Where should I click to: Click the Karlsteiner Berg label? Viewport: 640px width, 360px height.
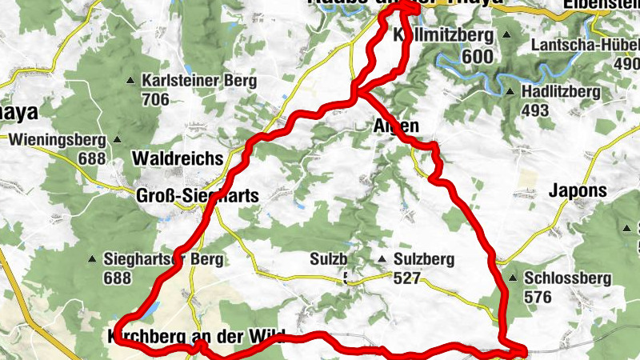pyautogui.click(x=198, y=81)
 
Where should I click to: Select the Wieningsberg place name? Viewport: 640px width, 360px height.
pyautogui.click(x=57, y=140)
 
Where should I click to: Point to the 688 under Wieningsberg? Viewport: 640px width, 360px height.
pyautogui.click(x=91, y=158)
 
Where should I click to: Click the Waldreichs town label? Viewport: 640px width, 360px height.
pyautogui.click(x=174, y=156)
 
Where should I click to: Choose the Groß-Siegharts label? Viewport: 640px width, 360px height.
pyautogui.click(x=197, y=196)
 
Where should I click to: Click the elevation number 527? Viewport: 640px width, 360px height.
pyautogui.click(x=407, y=278)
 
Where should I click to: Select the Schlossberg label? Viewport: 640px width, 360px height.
pyautogui.click(x=568, y=279)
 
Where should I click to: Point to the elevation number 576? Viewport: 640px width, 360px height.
pyautogui.click(x=537, y=298)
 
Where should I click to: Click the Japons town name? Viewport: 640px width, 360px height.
pyautogui.click(x=578, y=190)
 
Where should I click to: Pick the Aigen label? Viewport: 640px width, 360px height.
pyautogui.click(x=396, y=126)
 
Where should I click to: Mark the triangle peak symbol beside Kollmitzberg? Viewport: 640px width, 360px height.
pyautogui.click(x=507, y=36)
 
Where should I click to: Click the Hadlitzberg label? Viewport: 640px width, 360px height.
pyautogui.click(x=560, y=92)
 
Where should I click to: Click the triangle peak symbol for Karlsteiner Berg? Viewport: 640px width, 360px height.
pyautogui.click(x=131, y=81)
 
